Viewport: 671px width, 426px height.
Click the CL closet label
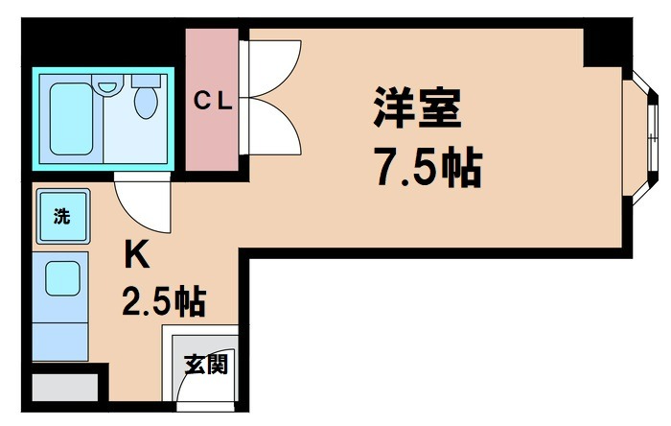point(211,101)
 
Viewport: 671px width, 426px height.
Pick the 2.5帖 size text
point(163,302)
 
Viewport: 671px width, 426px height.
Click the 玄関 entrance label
point(205,366)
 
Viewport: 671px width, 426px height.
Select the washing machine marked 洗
point(61,217)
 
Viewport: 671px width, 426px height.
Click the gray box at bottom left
point(64,388)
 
